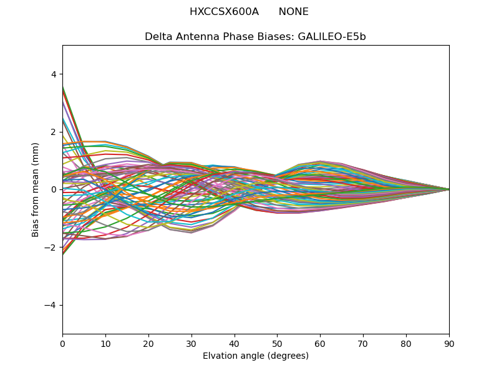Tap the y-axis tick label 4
pyautogui.click(x=54, y=74)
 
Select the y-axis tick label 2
pyautogui.click(x=54, y=132)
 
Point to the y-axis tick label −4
pyautogui.click(x=51, y=305)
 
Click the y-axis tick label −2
pyautogui.click(x=51, y=247)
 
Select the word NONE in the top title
pyautogui.click(x=293, y=12)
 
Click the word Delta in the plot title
pyautogui.click(x=157, y=37)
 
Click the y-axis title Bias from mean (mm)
pyautogui.click(x=36, y=189)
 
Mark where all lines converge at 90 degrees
pyautogui.click(x=448, y=189)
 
